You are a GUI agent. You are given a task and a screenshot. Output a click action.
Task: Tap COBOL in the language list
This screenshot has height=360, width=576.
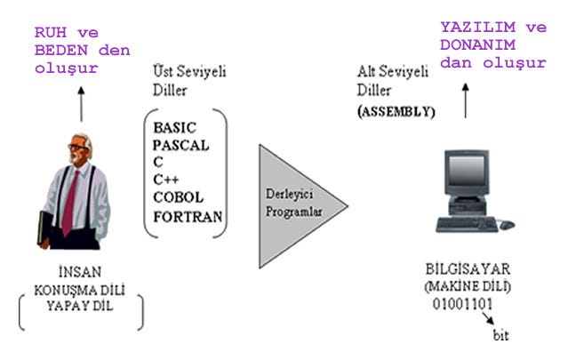[x=178, y=196]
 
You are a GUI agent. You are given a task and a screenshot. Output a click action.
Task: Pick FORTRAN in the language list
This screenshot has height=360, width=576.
[x=187, y=215]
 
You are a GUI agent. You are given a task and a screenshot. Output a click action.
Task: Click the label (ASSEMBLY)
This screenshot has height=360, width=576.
[x=396, y=113]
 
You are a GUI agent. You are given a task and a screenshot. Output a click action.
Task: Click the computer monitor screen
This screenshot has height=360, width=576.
[x=465, y=175]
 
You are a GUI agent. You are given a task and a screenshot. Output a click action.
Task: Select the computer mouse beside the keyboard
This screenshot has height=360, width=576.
[x=507, y=225]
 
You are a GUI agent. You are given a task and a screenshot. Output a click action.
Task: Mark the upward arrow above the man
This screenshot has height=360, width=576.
[x=81, y=102]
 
